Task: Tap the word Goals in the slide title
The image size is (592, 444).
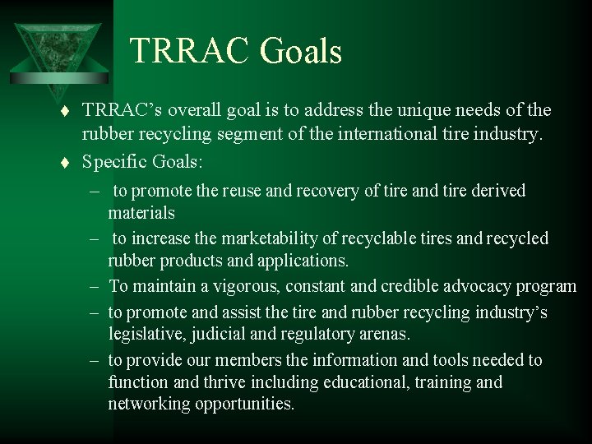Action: pyautogui.click(x=301, y=51)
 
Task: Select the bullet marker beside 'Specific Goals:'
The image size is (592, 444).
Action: pyautogui.click(x=70, y=163)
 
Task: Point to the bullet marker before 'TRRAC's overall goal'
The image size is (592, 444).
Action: pyautogui.click(x=70, y=111)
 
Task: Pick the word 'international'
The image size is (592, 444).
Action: pyautogui.click(x=382, y=135)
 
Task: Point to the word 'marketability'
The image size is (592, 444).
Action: pyautogui.click(x=239, y=238)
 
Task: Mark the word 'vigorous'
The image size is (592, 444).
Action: pyautogui.click(x=235, y=286)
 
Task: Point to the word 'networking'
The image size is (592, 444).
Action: pyautogui.click(x=149, y=405)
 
